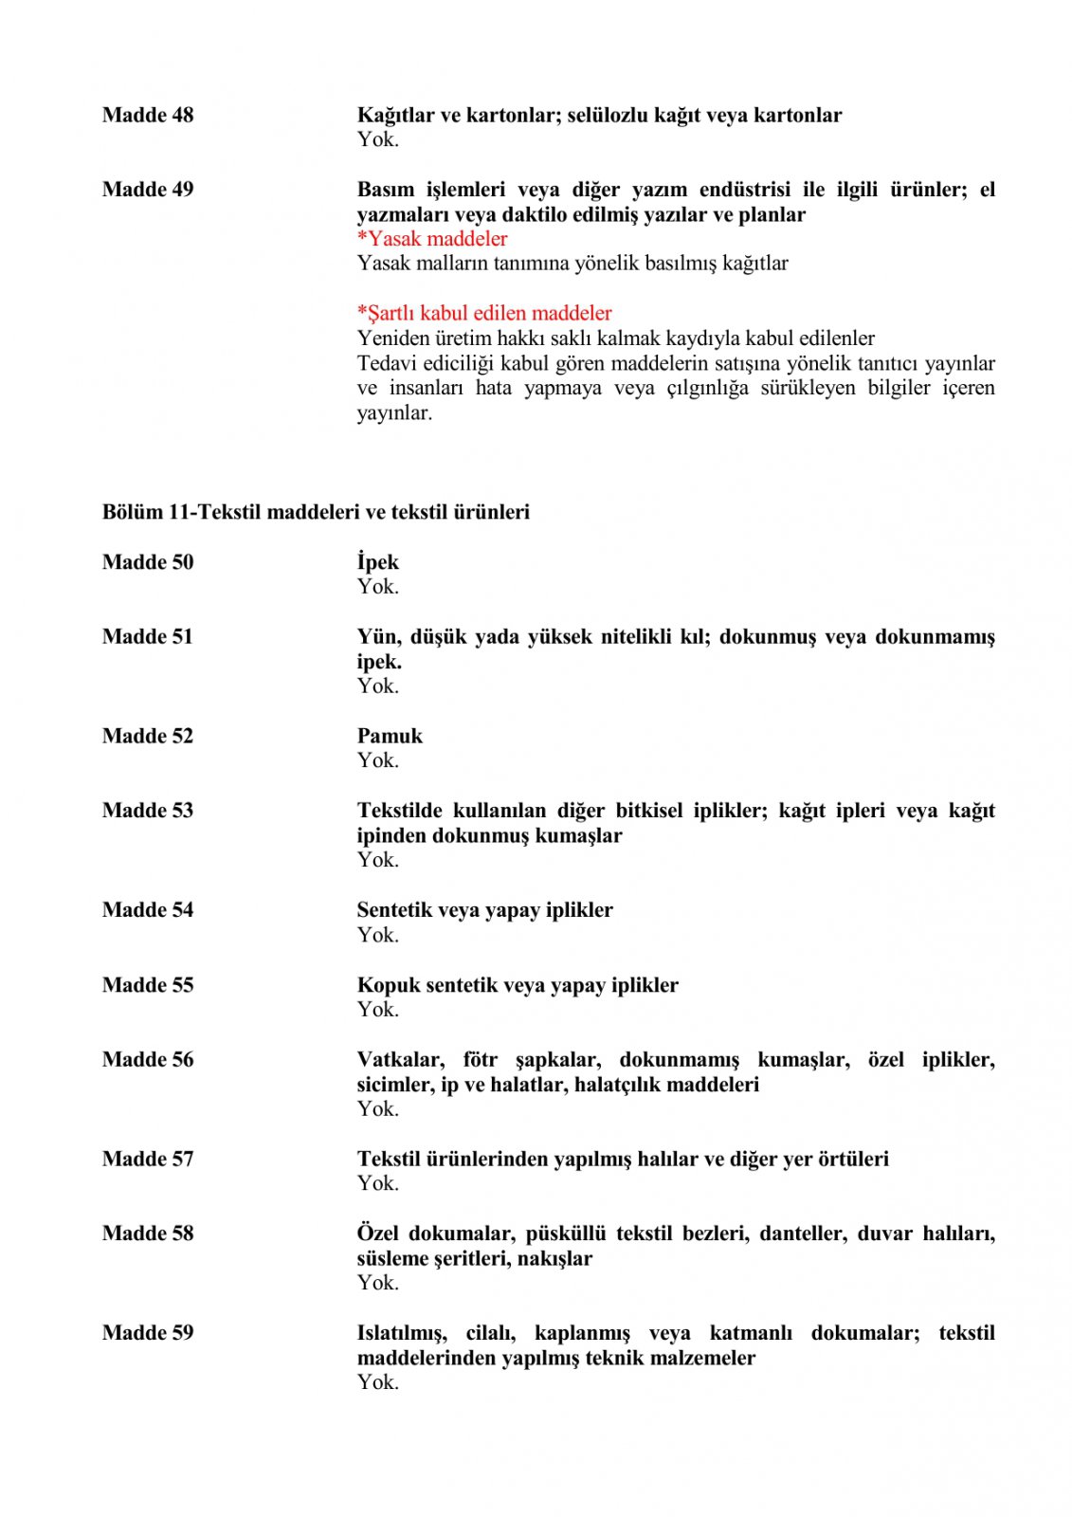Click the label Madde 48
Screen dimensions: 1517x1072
coord(147,115)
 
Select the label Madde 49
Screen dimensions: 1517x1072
coord(147,190)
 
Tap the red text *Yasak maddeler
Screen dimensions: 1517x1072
coord(432,239)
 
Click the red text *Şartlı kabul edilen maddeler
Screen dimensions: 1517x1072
coord(484,313)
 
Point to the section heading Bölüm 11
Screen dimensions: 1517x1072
coord(316,512)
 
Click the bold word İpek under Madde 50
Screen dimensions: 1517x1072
coord(377,562)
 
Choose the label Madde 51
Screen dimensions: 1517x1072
coord(147,637)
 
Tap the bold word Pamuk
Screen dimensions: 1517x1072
coord(390,736)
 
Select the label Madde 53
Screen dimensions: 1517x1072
coord(147,811)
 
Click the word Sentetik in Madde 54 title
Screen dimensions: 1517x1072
coord(396,910)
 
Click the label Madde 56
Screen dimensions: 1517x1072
coord(147,1060)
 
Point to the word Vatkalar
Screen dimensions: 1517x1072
coord(400,1060)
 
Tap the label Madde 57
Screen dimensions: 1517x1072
coord(147,1159)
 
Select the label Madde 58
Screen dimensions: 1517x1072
coord(147,1234)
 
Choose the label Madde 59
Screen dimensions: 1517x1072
coord(147,1333)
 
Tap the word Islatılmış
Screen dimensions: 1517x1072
coord(402,1333)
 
